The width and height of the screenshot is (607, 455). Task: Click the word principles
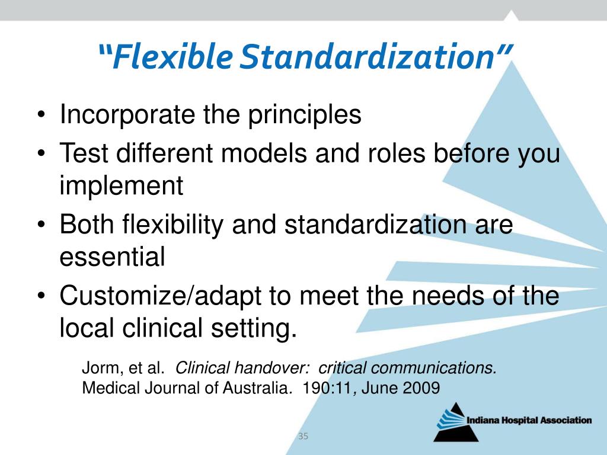304,115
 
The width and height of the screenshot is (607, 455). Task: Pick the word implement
121,186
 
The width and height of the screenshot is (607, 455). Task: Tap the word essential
112,257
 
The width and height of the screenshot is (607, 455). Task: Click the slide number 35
303,437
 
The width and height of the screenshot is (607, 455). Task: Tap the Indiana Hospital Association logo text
529,421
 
